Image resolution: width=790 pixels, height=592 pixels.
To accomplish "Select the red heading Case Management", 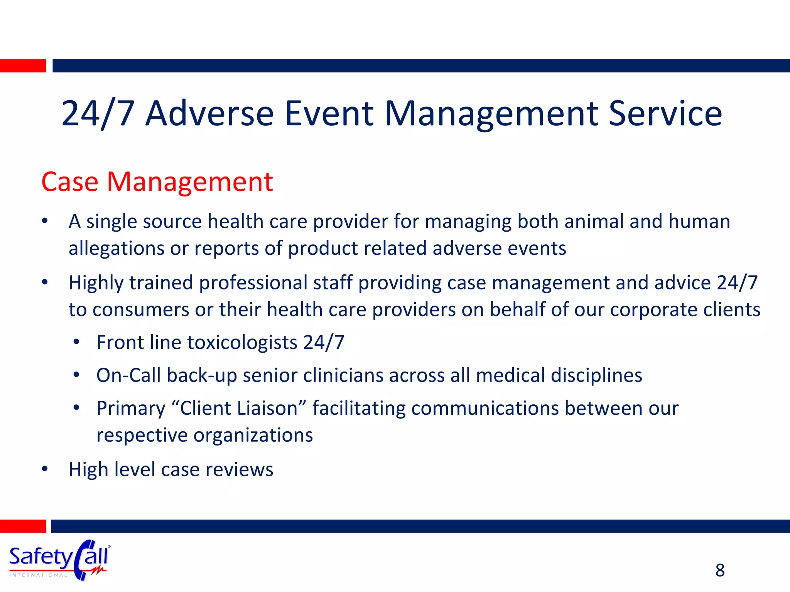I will (x=157, y=182).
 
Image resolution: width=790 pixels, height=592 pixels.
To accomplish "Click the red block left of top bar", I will (x=23, y=66).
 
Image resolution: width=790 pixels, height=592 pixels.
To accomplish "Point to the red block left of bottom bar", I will (x=23, y=526).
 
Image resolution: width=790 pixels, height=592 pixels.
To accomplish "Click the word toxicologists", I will (x=242, y=343).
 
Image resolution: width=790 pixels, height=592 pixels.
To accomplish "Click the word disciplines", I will (x=596, y=375).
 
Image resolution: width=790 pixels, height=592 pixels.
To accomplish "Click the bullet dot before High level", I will (x=45, y=469).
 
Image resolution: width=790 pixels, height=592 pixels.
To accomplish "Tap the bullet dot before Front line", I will (x=76, y=342).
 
